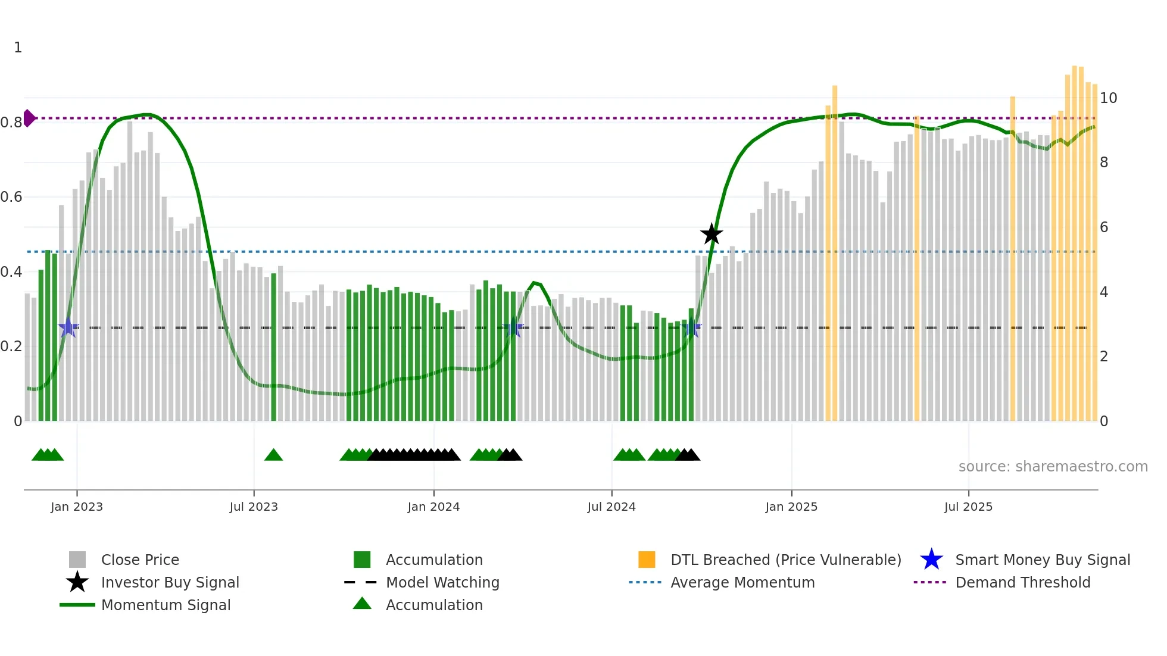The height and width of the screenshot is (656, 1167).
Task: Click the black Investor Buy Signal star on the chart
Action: [x=711, y=235]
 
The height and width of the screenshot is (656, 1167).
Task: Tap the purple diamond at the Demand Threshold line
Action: [x=29, y=118]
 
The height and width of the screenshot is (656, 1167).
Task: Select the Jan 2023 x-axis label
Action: [x=77, y=507]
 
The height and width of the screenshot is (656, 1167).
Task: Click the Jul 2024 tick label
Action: [x=611, y=507]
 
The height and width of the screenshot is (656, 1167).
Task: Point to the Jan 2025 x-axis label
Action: [x=791, y=507]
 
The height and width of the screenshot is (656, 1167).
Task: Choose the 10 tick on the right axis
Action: [x=1108, y=98]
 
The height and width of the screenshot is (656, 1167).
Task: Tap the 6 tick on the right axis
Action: [x=1104, y=227]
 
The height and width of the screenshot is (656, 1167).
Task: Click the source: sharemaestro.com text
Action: [x=1053, y=467]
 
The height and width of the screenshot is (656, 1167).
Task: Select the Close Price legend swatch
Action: [x=77, y=560]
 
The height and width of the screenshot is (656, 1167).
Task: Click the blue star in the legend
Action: [x=931, y=560]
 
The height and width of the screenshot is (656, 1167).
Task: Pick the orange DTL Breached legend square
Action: [x=647, y=560]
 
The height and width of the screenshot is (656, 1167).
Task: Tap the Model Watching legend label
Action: [x=442, y=582]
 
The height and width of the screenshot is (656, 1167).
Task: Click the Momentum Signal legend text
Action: [x=166, y=605]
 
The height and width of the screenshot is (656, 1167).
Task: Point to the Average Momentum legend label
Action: [x=742, y=582]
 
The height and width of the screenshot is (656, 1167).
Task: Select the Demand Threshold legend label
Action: [x=1022, y=582]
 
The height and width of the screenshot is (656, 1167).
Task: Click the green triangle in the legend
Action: [x=362, y=604]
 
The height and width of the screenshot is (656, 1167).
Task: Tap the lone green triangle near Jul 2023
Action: [x=273, y=455]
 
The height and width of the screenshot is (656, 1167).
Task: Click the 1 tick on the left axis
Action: [x=18, y=48]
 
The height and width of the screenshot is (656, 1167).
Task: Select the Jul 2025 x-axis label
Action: [x=968, y=507]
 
